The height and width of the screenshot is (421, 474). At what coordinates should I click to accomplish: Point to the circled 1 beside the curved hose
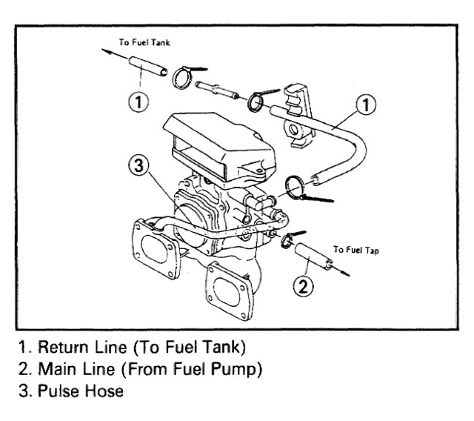364,106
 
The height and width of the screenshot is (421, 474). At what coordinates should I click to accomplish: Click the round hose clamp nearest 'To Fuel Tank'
183,76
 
